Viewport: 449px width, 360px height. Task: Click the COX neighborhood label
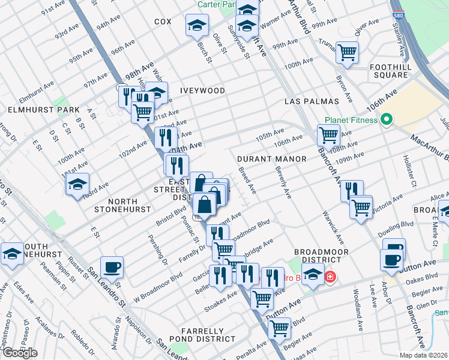point(163,22)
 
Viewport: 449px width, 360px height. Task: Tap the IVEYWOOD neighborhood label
point(202,91)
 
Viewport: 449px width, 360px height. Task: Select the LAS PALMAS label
point(312,101)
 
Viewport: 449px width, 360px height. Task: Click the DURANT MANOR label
point(271,159)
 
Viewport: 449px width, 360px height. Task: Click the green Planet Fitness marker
point(387,119)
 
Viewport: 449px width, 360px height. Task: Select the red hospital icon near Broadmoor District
point(330,277)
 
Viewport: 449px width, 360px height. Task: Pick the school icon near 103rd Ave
point(77,184)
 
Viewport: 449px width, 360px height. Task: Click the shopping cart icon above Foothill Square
point(347,52)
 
